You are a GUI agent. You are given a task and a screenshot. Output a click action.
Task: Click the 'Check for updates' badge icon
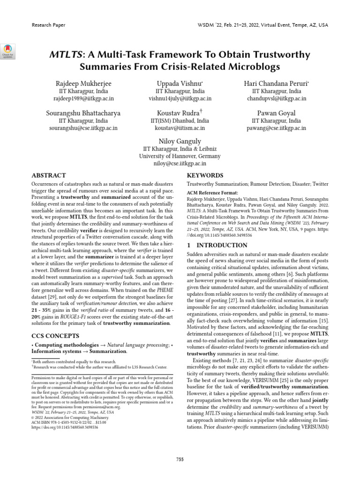pos(8,51)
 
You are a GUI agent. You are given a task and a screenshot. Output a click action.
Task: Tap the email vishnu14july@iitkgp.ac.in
pos(180,99)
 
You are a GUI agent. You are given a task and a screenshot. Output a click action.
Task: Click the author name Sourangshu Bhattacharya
pos(82,112)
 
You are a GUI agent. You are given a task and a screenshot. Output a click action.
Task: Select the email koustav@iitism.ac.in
pos(180,127)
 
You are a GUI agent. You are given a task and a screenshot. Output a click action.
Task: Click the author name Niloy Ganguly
pos(180,141)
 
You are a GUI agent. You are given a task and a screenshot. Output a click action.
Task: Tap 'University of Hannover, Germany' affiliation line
pos(180,156)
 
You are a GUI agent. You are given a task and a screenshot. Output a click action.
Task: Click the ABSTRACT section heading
pos(48,175)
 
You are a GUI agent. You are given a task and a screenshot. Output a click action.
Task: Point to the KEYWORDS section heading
pos(205,175)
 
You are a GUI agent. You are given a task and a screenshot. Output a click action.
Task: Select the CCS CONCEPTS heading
pos(56,336)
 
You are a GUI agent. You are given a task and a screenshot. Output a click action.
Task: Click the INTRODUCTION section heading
pos(217,245)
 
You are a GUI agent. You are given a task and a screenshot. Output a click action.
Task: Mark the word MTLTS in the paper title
pos(65,55)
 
